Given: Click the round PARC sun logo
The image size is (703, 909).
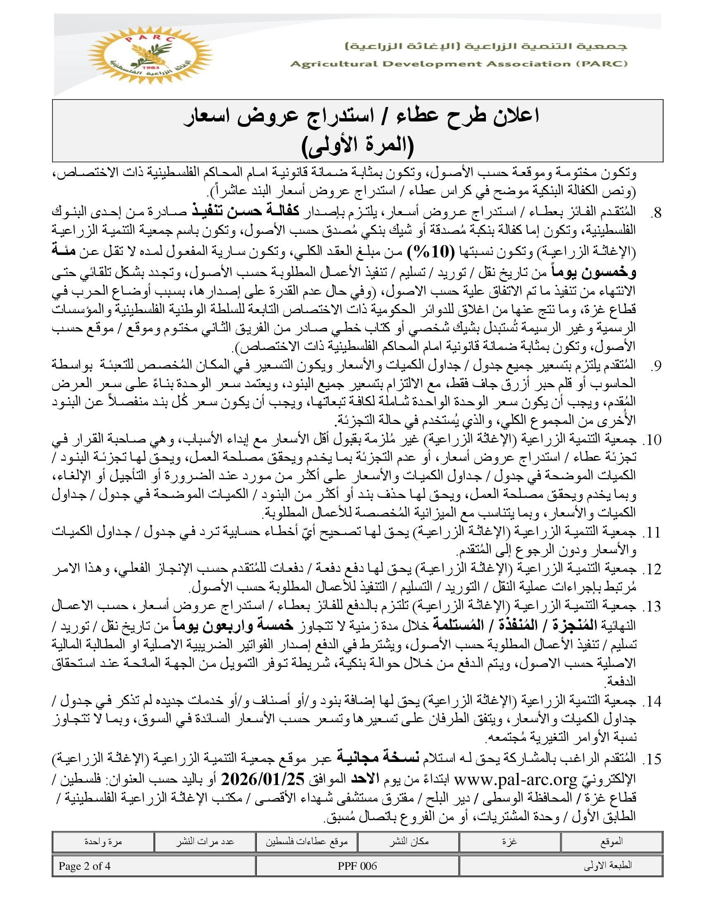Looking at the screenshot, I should point(151,55).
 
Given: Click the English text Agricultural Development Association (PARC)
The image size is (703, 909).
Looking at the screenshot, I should point(459,64).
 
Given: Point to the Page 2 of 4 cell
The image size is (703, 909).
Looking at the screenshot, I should point(84,866).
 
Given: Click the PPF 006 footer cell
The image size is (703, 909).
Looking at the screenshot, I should point(357,866).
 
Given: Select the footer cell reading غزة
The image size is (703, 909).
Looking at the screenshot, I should point(509,842).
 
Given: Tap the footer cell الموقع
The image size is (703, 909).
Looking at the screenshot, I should point(611,842).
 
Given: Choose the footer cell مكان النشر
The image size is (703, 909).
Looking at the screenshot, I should point(409,842).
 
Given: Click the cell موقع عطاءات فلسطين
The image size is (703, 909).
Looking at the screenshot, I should point(306,842).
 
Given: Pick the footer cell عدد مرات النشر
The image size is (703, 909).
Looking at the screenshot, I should point(204,842).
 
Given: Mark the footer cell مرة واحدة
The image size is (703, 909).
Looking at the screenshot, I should point(103,842).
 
